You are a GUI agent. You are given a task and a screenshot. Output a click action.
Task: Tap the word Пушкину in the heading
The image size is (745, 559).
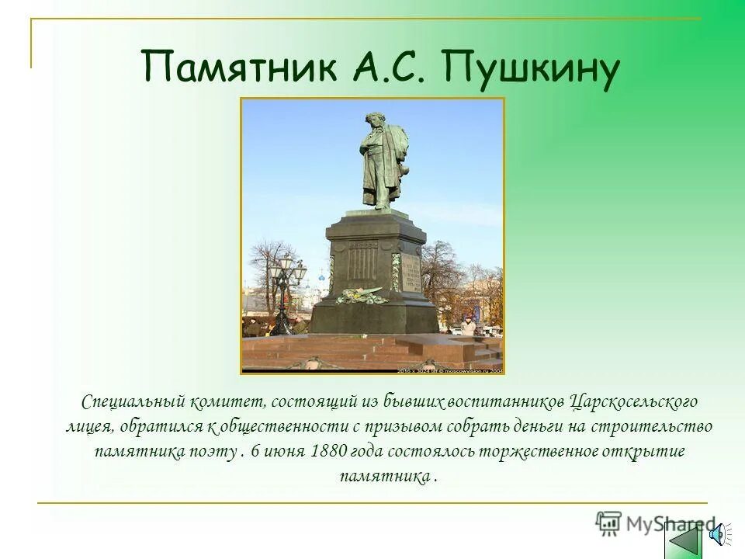click(x=533, y=68)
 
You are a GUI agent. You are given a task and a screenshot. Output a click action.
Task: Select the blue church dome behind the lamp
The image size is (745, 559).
click(x=300, y=273)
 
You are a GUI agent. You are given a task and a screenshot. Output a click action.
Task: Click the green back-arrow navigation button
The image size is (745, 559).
click(x=684, y=538)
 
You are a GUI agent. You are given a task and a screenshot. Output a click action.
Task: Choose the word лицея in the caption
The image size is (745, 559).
click(x=89, y=427)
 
